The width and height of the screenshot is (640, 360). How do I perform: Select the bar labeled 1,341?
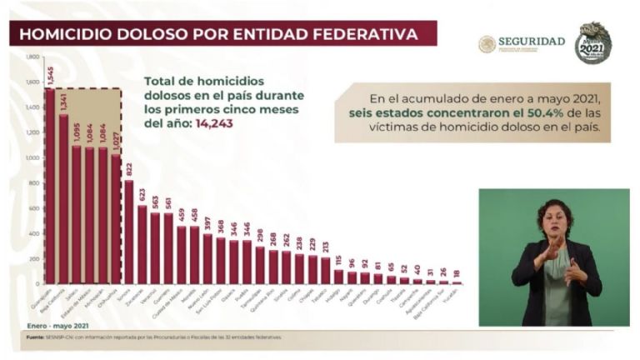[64, 199]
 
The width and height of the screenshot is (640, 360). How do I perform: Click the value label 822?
[129, 169]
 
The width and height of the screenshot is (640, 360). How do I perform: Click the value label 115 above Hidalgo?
[338, 259]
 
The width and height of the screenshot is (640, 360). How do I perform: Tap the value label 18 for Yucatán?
[457, 272]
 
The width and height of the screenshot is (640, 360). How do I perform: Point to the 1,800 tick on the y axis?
[32, 57]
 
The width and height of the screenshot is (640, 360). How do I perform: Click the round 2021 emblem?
[592, 43]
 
